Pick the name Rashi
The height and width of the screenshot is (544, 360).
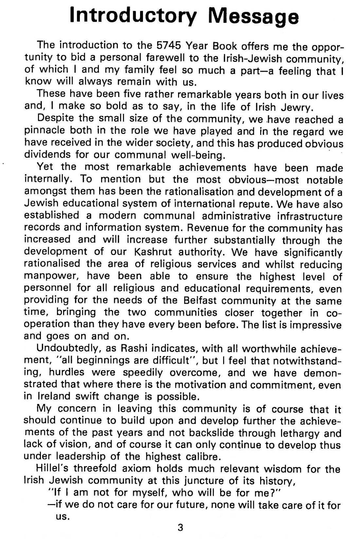tap(133, 348)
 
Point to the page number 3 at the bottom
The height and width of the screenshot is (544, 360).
tap(180, 528)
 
